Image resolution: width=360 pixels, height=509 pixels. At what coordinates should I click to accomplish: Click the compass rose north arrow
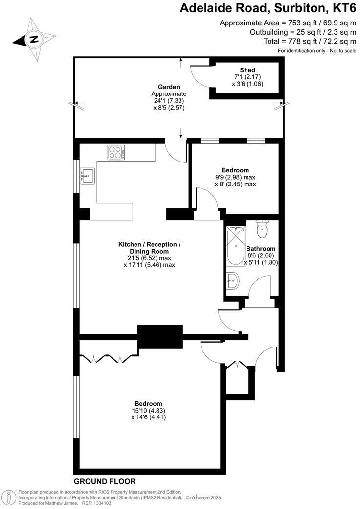[33, 40]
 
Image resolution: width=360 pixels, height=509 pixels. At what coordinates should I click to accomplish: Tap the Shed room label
[247, 70]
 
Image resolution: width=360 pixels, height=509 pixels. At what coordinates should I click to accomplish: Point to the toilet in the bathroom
[262, 229]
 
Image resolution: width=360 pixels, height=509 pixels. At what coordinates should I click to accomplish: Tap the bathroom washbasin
[233, 280]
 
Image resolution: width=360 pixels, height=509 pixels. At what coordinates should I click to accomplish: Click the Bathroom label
[261, 248]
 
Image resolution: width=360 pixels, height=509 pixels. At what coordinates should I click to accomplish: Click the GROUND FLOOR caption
[105, 481]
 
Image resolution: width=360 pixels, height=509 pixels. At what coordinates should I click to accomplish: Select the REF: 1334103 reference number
[95, 503]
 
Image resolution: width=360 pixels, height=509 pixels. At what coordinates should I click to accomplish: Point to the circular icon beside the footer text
[9, 497]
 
